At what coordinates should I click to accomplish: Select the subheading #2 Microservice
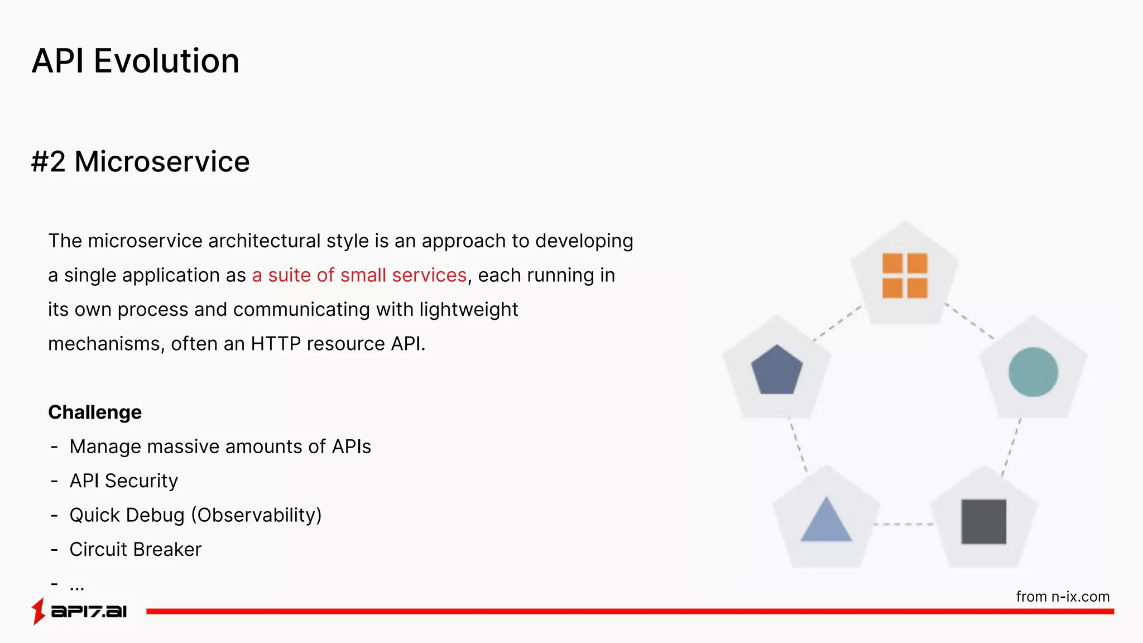tap(140, 162)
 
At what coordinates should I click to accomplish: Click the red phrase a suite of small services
tap(359, 275)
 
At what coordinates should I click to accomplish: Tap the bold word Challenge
tap(95, 412)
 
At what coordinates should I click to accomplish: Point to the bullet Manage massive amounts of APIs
tap(220, 447)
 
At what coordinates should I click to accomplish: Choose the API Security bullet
tap(123, 481)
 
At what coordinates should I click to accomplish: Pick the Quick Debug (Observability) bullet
tap(195, 515)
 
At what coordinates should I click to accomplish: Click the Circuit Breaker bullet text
tap(135, 549)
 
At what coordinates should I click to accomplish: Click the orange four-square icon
tap(905, 275)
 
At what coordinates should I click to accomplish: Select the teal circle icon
tap(1033, 372)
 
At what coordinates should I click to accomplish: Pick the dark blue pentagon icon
tap(776, 370)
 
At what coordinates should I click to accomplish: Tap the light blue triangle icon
tap(826, 520)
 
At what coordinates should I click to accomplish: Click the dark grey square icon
tap(983, 521)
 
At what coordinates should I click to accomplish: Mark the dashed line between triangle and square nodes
tap(903, 524)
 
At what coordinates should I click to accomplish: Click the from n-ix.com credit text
tap(1062, 596)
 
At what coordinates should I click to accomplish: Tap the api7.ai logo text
tap(89, 611)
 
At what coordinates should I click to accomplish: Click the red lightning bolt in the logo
tap(38, 611)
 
